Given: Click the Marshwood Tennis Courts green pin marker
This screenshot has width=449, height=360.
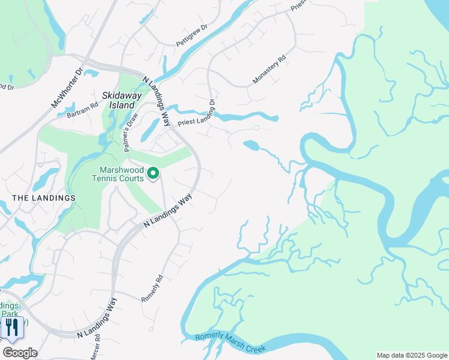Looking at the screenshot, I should click(153, 174).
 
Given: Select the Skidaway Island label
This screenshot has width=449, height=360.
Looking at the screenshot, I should click(118, 100).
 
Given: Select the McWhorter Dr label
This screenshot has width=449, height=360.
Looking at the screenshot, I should click(66, 88).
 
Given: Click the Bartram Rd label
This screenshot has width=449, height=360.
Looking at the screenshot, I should click(82, 109).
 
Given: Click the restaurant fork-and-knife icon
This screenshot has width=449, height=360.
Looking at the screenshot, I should click(12, 328).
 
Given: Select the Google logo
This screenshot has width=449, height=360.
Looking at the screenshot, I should click(20, 353).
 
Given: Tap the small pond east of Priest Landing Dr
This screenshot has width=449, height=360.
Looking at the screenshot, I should click(252, 145).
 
